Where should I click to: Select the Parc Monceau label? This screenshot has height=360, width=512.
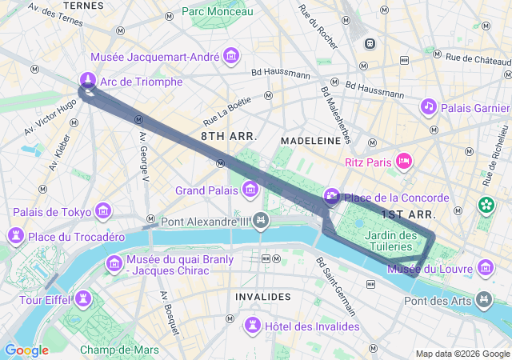(216, 11)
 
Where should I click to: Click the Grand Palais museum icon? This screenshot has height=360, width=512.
(250, 190)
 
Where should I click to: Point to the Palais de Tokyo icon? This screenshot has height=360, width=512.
(102, 211)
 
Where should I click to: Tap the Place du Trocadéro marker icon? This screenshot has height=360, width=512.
(15, 236)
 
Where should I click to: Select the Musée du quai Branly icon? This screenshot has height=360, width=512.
(114, 263)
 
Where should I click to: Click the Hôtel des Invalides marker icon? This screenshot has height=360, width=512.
(253, 324)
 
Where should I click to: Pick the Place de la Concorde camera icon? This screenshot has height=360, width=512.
(331, 197)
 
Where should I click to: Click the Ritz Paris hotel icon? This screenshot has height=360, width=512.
(404, 162)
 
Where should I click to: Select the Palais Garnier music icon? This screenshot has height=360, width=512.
(428, 106)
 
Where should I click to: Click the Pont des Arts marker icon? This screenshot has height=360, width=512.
(483, 300)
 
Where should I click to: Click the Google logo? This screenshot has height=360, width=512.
(26, 350)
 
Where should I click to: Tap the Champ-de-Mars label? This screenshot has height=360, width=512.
(118, 350)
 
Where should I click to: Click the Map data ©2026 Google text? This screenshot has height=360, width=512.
(462, 354)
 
